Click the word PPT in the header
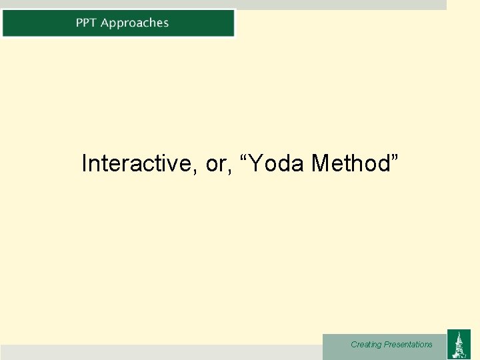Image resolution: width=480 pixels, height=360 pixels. click(86, 23)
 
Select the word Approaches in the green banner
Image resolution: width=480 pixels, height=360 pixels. click(135, 23)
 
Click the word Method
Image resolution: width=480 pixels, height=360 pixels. click(351, 163)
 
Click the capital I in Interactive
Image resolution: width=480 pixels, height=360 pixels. click(84, 163)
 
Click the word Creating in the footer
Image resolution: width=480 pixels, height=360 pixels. click(366, 345)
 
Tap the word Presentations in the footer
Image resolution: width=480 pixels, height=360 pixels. click(408, 345)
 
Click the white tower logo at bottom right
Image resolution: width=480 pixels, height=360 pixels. click(458, 344)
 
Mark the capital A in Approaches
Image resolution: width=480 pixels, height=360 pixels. click(105, 23)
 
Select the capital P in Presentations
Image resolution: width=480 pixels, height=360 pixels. click(386, 345)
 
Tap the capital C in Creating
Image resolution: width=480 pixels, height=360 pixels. click(353, 345)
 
